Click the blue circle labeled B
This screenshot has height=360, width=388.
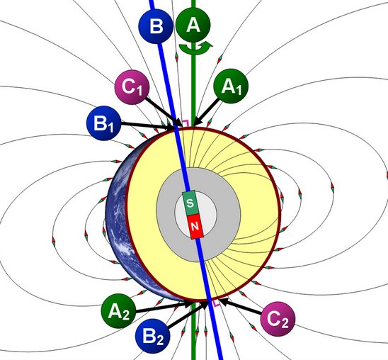155,26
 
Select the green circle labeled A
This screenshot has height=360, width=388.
193,25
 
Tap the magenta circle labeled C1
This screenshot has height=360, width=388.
132,87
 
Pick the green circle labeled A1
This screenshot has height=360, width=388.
231,86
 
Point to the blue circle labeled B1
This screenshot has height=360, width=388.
103,123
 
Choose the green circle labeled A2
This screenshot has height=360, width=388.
118,311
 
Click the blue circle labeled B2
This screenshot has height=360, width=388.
153,336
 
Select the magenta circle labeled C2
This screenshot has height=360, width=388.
278,319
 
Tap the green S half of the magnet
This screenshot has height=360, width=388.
190,203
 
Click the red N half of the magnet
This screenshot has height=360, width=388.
195,226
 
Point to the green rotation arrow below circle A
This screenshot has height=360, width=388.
195,47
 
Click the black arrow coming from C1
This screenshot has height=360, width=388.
164,112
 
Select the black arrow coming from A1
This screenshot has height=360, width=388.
206,112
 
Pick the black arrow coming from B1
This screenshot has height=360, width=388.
148,125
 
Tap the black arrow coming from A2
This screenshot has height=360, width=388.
164,307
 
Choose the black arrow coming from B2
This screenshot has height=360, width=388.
188,315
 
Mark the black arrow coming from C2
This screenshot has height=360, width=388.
240,307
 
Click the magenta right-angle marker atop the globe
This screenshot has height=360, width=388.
186,123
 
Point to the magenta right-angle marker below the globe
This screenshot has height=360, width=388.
217,303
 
